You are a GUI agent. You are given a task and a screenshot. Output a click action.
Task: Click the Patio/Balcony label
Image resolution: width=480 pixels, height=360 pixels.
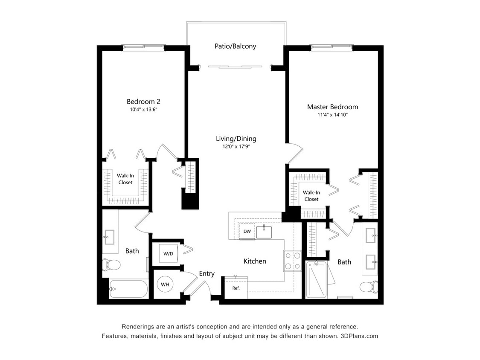235,46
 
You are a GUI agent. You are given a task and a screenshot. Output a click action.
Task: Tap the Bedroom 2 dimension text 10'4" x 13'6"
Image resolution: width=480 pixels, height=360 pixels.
143,110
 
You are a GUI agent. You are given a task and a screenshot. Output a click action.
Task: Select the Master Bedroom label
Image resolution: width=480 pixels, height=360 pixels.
332,107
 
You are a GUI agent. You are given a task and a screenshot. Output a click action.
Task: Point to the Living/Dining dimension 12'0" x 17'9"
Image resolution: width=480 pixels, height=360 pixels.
236,146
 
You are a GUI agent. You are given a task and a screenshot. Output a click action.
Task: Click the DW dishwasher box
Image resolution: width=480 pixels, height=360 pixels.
247,232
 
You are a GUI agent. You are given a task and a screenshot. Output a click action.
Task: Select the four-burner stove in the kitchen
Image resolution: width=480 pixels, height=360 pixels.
292,260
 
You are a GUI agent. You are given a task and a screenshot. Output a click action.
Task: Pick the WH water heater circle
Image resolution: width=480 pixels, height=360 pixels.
165,284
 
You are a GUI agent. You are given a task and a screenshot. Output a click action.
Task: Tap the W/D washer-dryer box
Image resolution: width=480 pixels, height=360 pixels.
168,254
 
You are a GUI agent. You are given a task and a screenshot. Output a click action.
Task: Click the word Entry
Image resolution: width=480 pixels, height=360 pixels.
207,274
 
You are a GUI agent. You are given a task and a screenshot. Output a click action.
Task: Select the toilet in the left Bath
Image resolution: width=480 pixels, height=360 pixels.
111,264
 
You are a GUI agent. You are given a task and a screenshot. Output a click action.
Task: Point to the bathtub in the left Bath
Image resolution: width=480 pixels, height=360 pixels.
128,289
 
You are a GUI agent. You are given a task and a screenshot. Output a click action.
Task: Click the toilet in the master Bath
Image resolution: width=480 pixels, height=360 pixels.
367,286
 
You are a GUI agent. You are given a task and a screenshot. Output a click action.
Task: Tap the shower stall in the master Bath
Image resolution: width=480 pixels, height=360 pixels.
317,280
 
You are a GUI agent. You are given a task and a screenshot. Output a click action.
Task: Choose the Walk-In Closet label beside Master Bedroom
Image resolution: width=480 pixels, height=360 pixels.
311,196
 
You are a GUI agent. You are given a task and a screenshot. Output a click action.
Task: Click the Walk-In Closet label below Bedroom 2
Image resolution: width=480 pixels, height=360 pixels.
125,179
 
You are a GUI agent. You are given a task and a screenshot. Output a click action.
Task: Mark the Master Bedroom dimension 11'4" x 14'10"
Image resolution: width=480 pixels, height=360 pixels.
332,115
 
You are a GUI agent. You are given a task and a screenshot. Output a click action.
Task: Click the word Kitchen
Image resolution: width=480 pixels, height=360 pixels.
255,261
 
